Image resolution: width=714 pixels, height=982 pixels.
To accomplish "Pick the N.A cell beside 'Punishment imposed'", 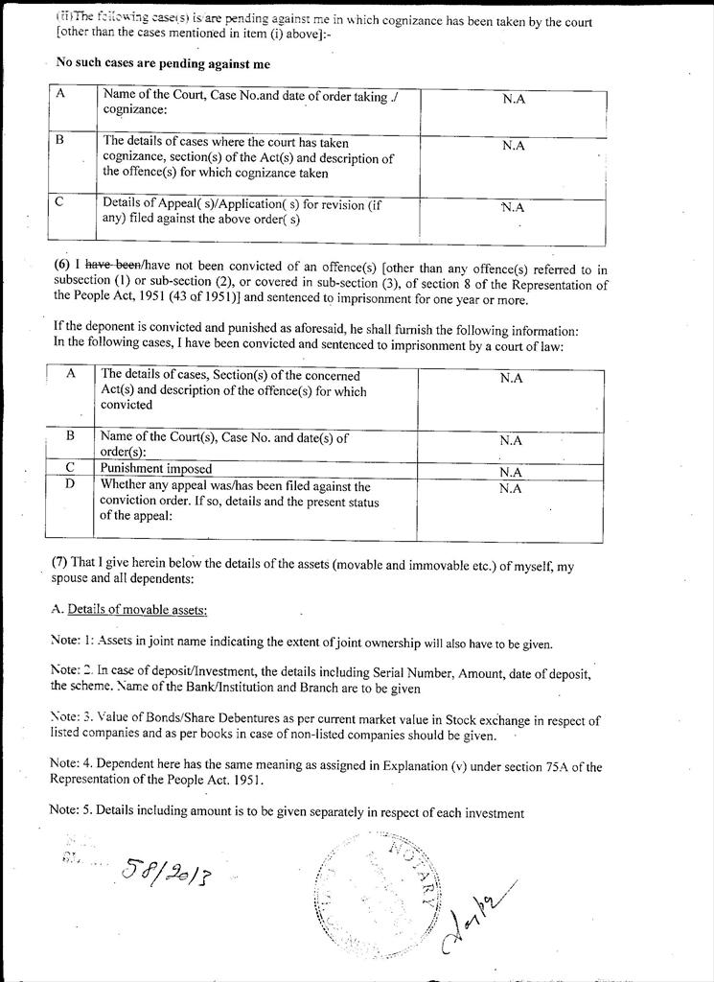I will (x=511, y=472).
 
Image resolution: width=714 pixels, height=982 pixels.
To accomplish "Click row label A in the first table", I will (x=60, y=95).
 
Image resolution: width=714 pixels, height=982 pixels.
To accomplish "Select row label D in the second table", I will (x=69, y=484).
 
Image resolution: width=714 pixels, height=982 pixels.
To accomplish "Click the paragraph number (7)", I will (x=59, y=566).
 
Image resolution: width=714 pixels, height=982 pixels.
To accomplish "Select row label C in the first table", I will (x=59, y=203).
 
